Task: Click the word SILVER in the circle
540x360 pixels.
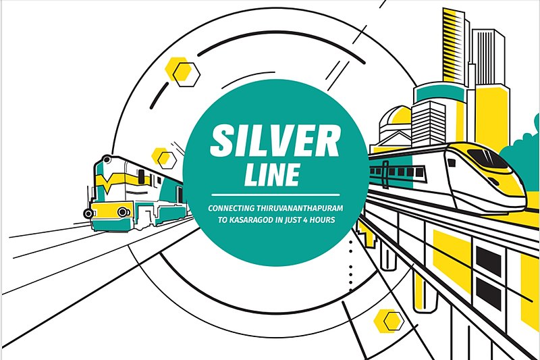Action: [275, 141]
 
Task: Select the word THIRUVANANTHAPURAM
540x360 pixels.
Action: [299, 208]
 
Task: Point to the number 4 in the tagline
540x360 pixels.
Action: [305, 220]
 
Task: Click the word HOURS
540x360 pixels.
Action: [323, 220]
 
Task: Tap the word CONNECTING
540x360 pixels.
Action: [231, 208]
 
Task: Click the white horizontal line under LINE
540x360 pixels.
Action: [275, 195]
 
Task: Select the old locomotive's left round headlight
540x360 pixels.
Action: [88, 213]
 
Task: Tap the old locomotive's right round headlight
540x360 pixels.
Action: [122, 212]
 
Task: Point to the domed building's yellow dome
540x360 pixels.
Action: [399, 115]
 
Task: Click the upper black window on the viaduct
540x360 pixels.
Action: [488, 261]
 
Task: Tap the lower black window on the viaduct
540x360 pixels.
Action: [488, 293]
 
